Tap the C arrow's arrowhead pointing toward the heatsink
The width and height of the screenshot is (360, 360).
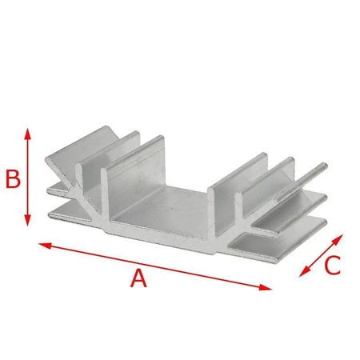click(339, 238)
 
